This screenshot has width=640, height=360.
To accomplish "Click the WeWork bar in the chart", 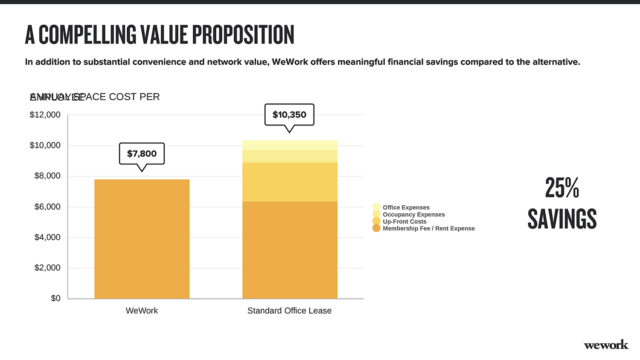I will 142,239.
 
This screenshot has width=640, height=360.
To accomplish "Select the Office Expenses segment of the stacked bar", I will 290,145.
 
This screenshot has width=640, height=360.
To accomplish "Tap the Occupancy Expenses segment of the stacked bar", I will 290,156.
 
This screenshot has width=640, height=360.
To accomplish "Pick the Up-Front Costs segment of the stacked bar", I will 290,182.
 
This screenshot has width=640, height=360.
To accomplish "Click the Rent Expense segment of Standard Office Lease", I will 290,250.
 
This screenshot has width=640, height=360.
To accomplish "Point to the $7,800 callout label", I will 142,154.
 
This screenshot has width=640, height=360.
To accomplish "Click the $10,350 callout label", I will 289,115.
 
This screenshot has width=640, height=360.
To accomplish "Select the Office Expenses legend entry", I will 406,207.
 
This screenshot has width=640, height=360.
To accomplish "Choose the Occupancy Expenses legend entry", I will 413,215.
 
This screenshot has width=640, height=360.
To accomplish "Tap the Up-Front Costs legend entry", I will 404,221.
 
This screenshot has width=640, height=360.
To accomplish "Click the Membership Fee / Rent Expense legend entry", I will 428,229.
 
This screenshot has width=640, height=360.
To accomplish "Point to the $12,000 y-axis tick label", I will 45,115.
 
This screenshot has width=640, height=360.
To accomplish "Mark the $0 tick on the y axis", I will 55,298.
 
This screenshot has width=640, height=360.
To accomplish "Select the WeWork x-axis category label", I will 142,311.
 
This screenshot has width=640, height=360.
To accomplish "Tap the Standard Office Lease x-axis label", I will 289,311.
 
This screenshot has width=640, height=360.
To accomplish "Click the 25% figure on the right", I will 562,188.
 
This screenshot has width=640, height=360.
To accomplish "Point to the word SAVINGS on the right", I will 562,219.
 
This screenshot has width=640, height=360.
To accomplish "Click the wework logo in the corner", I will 606,345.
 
